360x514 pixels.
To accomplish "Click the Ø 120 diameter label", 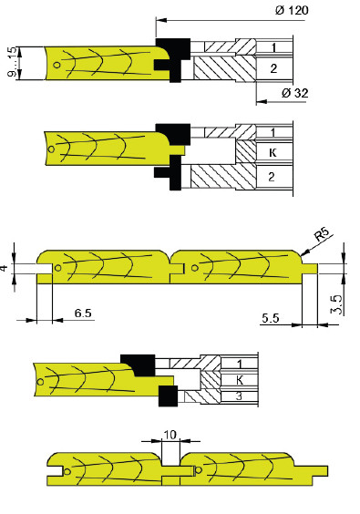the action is [292, 10].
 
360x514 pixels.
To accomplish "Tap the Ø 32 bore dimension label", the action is [294, 93].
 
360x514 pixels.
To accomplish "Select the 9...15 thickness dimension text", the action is [12, 62].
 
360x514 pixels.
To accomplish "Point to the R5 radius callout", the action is [323, 236].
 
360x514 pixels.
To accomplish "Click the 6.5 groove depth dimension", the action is [83, 314].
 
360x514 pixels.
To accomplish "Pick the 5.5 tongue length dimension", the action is [271, 318].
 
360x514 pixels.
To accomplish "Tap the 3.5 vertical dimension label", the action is [336, 304].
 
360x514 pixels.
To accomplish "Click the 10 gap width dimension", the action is [170, 435].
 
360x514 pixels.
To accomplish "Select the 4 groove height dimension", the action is [5, 268].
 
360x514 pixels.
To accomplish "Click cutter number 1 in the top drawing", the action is [273, 48].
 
